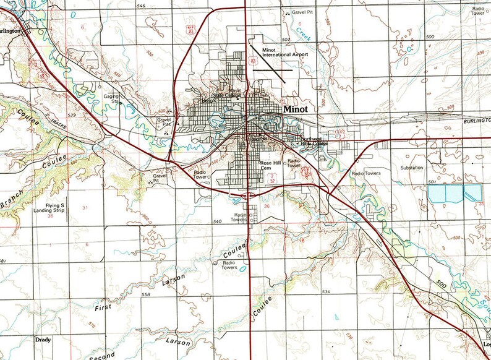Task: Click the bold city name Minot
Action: click(x=299, y=108)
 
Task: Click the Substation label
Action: click(x=411, y=168)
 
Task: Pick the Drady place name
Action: click(x=43, y=340)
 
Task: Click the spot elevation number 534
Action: click(x=326, y=291)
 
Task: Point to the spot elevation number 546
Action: click(x=141, y=6)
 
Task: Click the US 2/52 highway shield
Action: click(x=271, y=179)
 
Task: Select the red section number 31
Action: click(x=85, y=208)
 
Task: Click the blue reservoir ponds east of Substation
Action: click(x=455, y=194)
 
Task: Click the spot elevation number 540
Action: click(x=216, y=221)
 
